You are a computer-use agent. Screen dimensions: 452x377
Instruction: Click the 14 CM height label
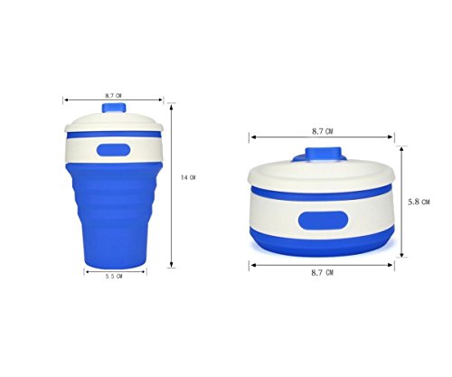point(188,178)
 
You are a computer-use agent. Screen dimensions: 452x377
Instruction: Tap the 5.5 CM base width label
point(114,276)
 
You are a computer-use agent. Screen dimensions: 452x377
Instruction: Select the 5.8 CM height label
point(419,202)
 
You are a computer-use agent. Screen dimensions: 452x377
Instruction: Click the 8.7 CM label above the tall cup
point(113,96)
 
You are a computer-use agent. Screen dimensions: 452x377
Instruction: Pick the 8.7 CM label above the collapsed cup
point(323,131)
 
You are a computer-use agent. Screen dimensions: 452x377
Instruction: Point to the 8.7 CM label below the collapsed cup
point(323,273)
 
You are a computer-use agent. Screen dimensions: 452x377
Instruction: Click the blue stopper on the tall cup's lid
point(114,108)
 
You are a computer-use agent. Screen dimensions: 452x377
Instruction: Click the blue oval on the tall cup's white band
point(113,150)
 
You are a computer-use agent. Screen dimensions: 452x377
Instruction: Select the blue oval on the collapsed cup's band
point(323,221)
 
